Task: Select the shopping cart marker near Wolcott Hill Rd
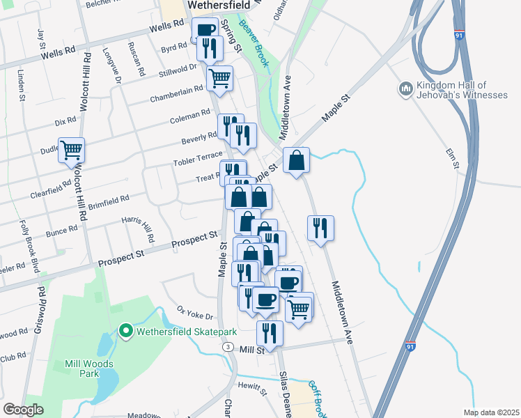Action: (71, 150)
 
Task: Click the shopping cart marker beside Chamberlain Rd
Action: (219, 79)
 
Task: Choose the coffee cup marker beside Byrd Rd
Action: (205, 30)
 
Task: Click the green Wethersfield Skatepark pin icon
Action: (125, 330)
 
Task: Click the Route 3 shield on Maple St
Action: (227, 346)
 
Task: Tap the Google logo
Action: (23, 410)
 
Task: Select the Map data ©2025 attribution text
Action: (491, 412)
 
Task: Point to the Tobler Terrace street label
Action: (198, 159)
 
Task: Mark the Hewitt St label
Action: (252, 388)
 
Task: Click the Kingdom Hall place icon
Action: (406, 89)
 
